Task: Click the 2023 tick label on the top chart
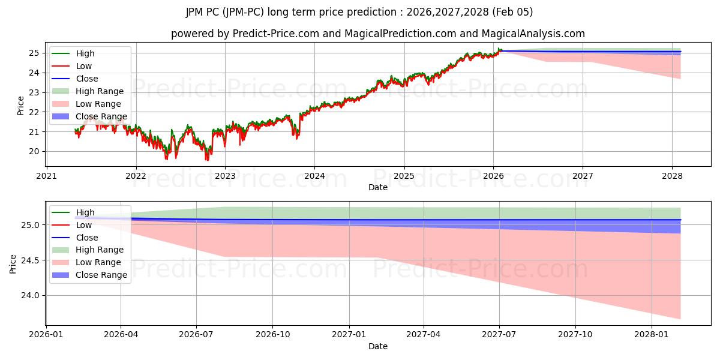[x=225, y=176]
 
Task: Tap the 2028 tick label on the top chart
[x=672, y=176]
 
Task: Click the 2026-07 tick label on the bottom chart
[x=196, y=335]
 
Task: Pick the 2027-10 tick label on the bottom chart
[x=575, y=335]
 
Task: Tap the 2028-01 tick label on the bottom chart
[x=651, y=335]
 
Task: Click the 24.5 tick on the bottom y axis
[x=31, y=260]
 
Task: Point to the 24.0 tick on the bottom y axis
[x=31, y=295]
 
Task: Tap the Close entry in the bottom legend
[x=87, y=238]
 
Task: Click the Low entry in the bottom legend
[x=84, y=225]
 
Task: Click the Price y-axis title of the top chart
[x=21, y=106]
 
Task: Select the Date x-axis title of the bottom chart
[x=378, y=346]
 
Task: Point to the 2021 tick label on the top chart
[x=47, y=176]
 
